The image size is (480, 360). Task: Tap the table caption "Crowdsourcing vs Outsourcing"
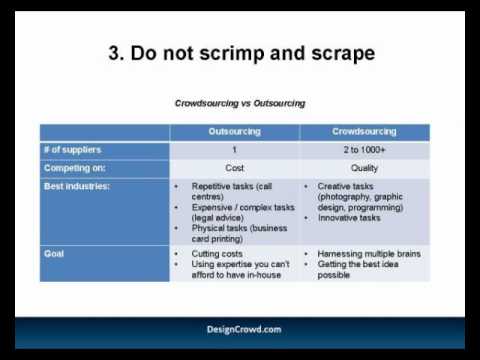pos(240,103)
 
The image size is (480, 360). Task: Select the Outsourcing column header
pos(234,132)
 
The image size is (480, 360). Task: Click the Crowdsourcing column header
pos(365,132)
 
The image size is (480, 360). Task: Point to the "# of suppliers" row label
pos(72,150)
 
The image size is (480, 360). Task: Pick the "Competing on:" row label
pos(75,168)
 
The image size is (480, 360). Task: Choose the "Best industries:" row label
pos(77,186)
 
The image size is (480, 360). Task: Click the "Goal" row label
pos(55,254)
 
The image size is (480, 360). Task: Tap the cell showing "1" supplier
pos(234,150)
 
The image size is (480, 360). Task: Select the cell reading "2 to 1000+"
pos(365,150)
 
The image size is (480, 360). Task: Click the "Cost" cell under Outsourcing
pos(234,168)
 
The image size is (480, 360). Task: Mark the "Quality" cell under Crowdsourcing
pos(365,168)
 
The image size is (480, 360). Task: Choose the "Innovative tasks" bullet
pos(348,217)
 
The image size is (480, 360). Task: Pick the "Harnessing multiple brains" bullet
pos(368,254)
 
